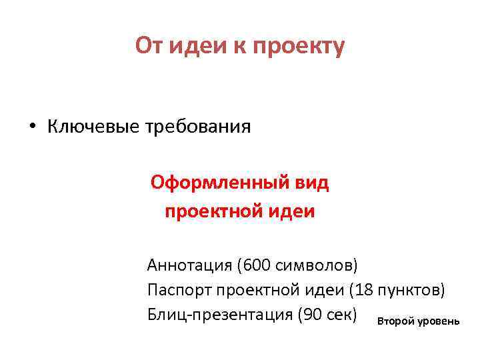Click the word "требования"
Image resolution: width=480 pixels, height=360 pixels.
[197, 127]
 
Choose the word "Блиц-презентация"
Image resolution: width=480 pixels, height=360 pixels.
[220, 314]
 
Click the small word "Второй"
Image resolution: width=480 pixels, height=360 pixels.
[395, 321]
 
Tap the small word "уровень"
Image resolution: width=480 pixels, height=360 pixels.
[438, 321]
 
